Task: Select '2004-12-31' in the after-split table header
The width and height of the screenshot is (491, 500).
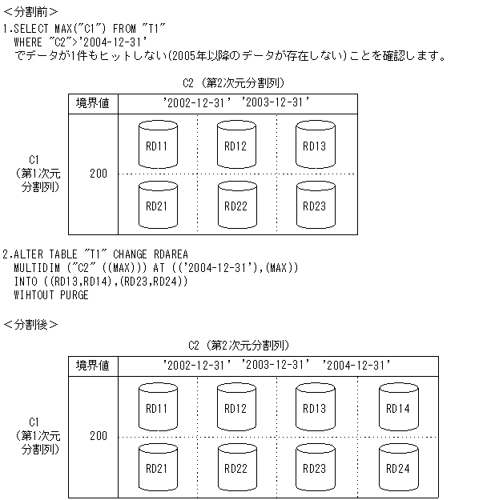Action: [x=355, y=365]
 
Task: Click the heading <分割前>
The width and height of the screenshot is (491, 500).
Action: [x=30, y=12]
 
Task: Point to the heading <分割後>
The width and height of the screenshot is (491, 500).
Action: [x=30, y=324]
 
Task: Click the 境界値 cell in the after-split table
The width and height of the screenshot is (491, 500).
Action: [x=92, y=365]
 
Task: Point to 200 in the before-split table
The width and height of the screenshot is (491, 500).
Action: [x=99, y=174]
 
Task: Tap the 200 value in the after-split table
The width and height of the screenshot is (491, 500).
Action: [x=99, y=436]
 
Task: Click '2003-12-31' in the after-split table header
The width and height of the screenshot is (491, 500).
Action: [x=275, y=365]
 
